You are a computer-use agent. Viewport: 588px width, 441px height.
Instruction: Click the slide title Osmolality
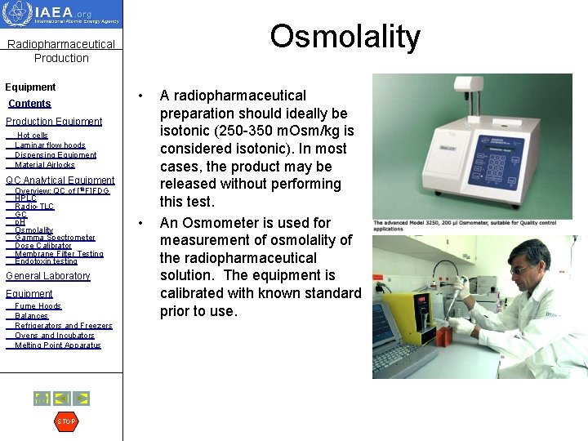(x=345, y=37)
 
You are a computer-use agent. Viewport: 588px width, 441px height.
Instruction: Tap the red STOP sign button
(x=66, y=421)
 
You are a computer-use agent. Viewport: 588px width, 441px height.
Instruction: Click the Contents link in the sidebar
(x=29, y=104)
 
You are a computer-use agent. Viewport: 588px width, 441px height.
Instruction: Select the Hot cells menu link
(x=33, y=135)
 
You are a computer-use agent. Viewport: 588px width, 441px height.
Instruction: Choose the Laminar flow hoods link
(x=50, y=145)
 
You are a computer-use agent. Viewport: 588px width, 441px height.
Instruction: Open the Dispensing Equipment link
(x=56, y=155)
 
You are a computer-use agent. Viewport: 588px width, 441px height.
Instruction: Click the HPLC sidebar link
(x=25, y=198)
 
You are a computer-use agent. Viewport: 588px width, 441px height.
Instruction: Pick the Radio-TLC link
(x=34, y=207)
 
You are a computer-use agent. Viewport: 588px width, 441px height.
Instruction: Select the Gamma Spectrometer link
(x=55, y=238)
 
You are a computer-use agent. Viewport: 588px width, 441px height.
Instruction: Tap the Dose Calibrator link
(x=43, y=246)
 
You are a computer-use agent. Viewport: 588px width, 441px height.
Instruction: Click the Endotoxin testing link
(x=46, y=261)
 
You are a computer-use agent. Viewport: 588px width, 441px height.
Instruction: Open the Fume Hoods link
(x=38, y=306)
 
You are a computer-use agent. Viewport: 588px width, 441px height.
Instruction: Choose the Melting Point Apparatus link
(x=58, y=345)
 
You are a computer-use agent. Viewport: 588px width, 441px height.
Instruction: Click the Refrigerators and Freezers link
(x=64, y=326)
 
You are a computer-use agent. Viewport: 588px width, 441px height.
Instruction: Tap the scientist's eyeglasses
(x=520, y=269)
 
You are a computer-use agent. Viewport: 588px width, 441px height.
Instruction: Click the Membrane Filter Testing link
(x=59, y=254)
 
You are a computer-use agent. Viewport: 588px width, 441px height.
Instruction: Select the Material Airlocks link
(x=45, y=165)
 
